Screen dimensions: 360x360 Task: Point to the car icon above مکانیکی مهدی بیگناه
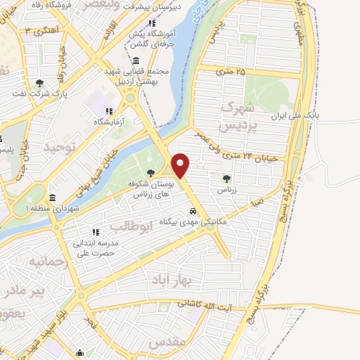click(192, 212)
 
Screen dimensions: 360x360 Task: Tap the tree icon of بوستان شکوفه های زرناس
click(151, 174)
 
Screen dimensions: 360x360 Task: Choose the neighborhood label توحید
click(59, 147)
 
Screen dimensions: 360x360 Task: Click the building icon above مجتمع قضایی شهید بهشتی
click(134, 60)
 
